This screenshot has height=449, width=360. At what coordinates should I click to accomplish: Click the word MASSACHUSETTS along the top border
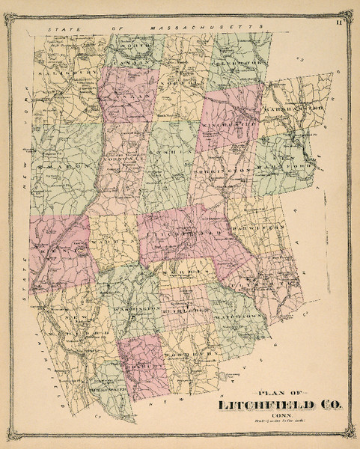195,28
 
